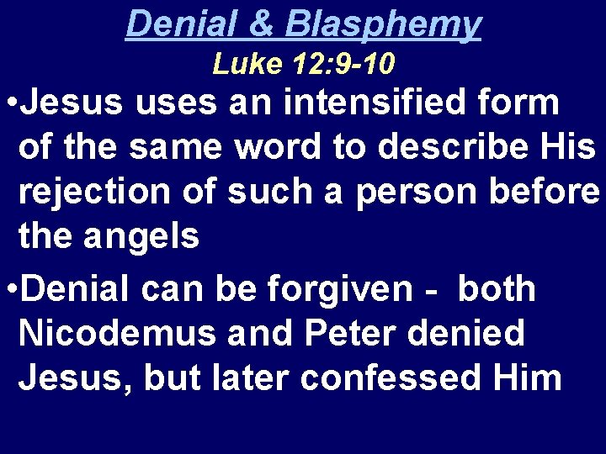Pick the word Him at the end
coord(529,377)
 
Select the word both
coord(497,289)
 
